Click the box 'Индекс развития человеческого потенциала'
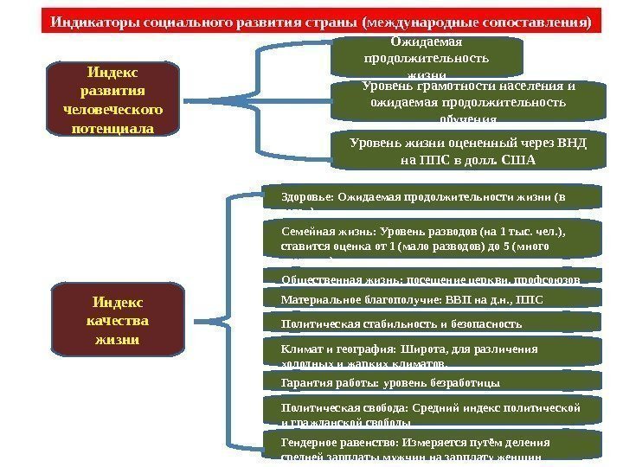112,99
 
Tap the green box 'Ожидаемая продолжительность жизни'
427,57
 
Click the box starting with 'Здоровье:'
432,196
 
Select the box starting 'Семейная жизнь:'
432,239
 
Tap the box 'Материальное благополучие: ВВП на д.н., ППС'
432,299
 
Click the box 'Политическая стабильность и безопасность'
432,323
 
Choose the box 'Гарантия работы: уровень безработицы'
432,381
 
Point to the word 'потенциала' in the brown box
112,129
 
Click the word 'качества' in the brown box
118,320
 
